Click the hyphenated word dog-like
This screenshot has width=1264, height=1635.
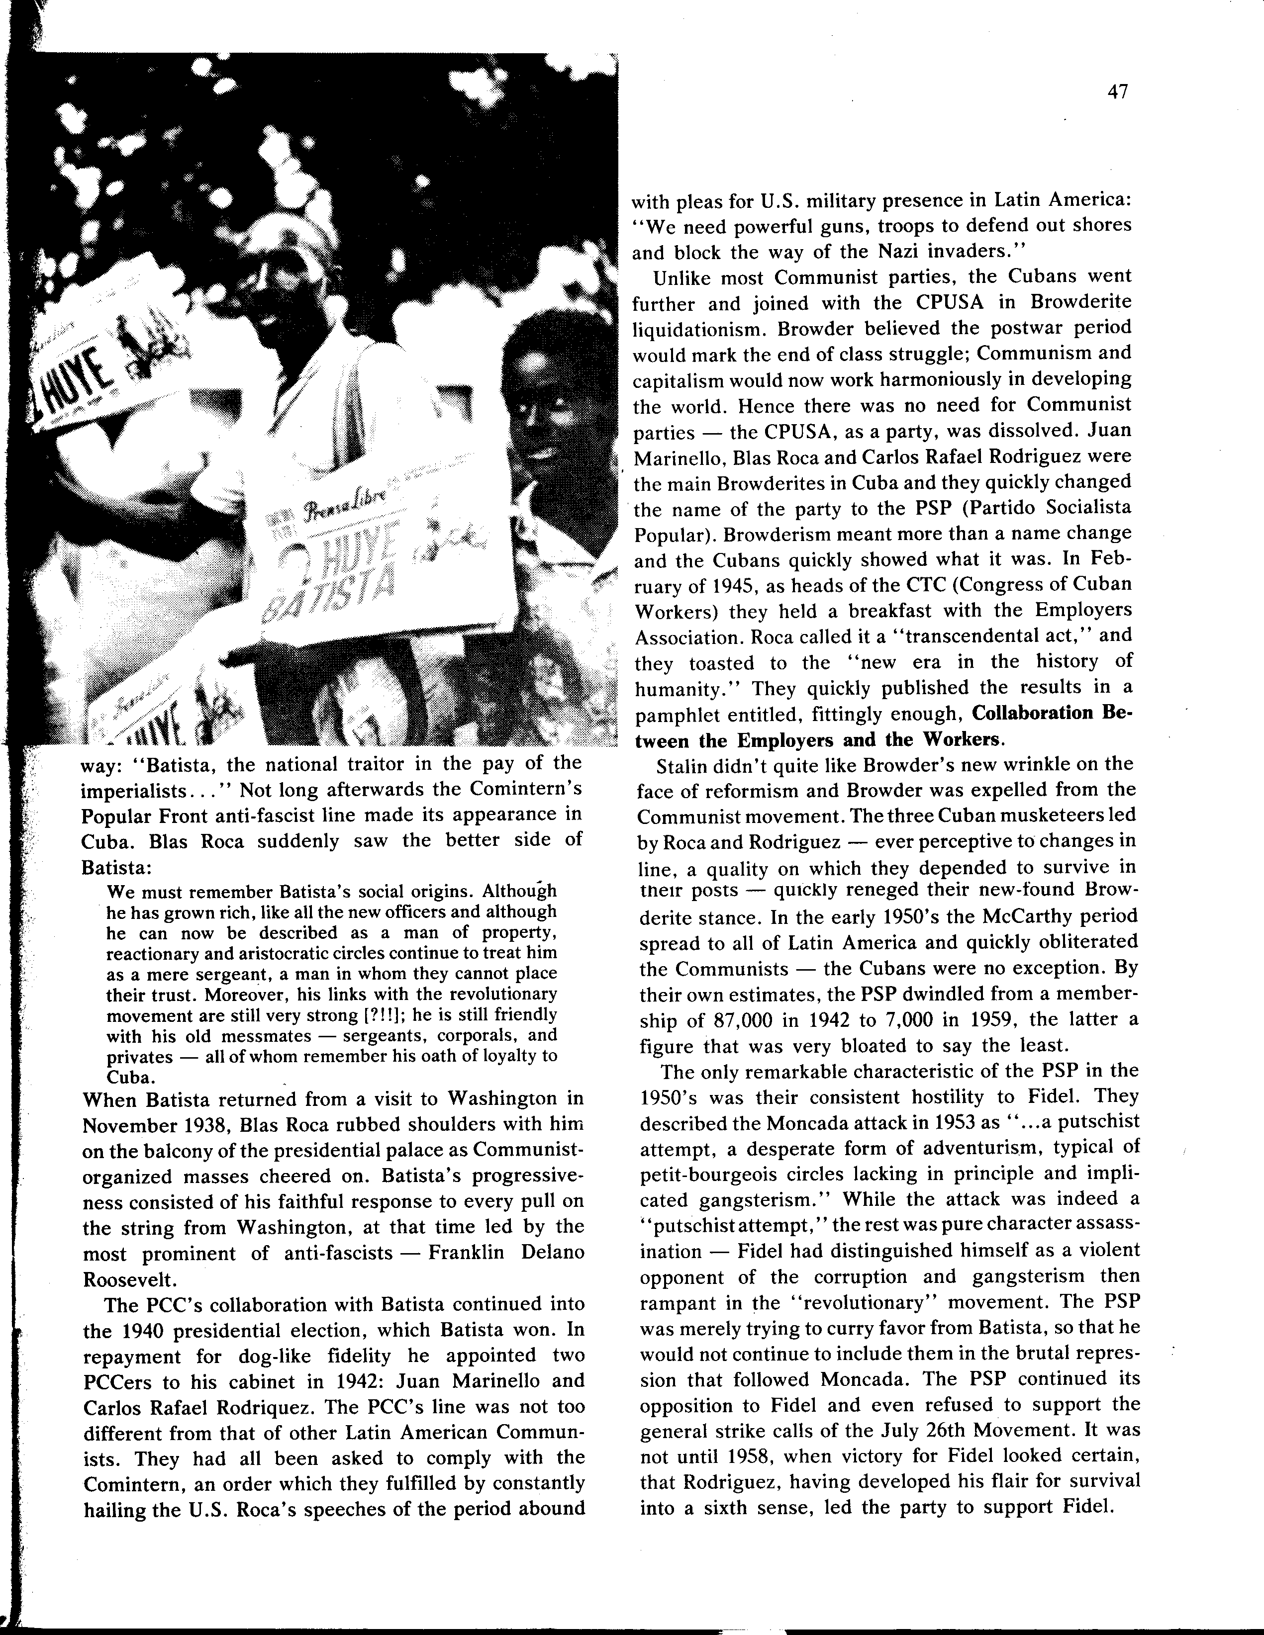point(300,1356)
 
